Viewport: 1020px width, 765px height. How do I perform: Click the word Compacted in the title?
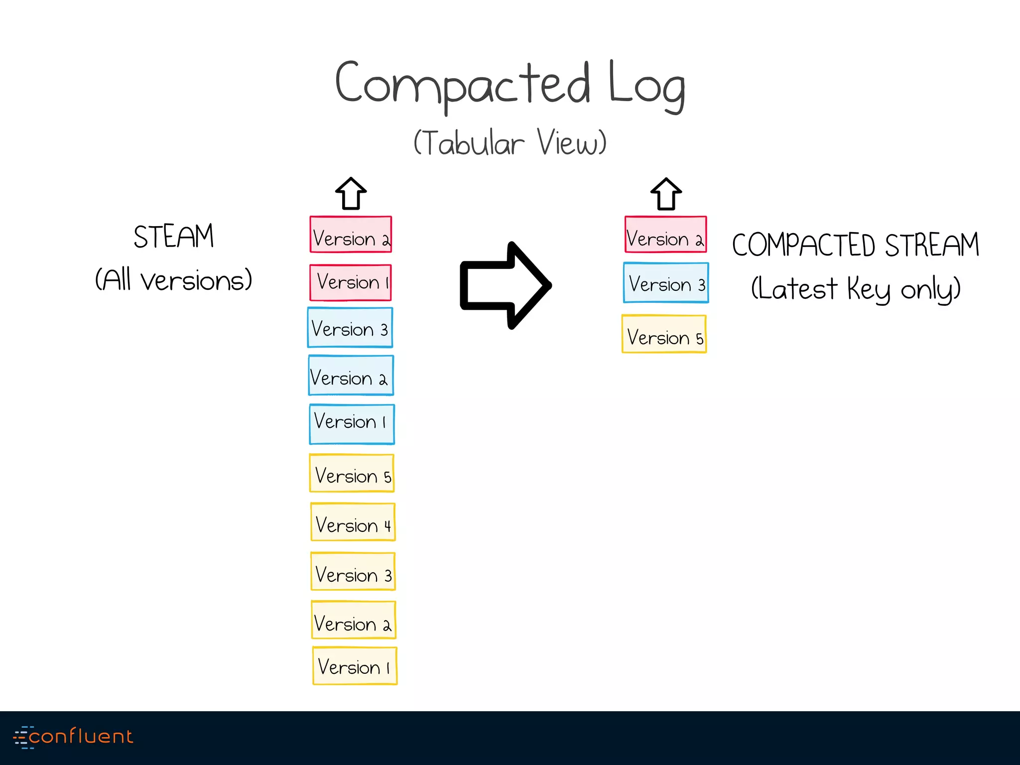(x=462, y=85)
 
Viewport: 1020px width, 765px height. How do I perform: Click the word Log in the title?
(x=646, y=86)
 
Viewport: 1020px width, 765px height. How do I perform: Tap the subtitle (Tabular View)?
(x=510, y=143)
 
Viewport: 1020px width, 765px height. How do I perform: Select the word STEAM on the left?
(x=173, y=237)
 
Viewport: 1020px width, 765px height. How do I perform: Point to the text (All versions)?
(x=173, y=280)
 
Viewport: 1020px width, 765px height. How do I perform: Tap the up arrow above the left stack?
(x=351, y=194)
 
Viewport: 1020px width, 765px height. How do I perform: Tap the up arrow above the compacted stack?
(x=666, y=194)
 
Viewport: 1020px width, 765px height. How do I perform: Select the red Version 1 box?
(x=351, y=282)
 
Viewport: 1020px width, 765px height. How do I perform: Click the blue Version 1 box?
(x=352, y=424)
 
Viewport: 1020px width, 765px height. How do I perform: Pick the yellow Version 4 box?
(x=353, y=522)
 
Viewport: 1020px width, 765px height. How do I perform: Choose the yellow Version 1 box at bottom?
(x=355, y=666)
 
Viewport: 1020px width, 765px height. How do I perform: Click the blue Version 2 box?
(x=351, y=376)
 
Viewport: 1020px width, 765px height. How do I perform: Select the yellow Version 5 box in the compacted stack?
(x=664, y=334)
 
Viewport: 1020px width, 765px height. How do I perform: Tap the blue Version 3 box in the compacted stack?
(x=666, y=283)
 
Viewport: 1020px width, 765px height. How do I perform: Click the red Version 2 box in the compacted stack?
(x=666, y=235)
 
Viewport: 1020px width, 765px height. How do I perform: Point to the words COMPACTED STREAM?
(x=855, y=245)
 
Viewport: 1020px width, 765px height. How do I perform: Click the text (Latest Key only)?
(x=855, y=289)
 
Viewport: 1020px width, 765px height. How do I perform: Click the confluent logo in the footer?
(x=73, y=737)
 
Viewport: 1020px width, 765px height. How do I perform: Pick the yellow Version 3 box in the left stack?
(x=353, y=571)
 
